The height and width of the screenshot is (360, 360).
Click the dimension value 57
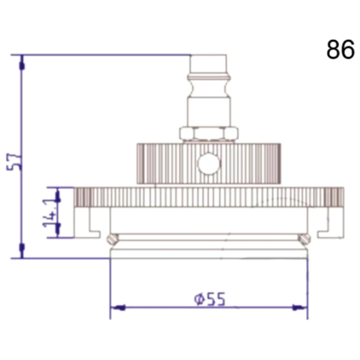(x=14, y=162)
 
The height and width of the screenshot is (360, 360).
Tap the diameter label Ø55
(x=210, y=299)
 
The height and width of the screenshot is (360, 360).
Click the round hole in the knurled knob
(x=209, y=163)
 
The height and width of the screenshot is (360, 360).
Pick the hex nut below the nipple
(x=209, y=134)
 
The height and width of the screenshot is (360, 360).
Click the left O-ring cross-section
(x=113, y=239)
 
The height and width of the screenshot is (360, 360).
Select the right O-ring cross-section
(x=305, y=239)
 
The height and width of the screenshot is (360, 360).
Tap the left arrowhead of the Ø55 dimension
(x=118, y=307)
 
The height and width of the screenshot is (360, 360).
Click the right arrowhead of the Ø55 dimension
(x=300, y=307)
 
